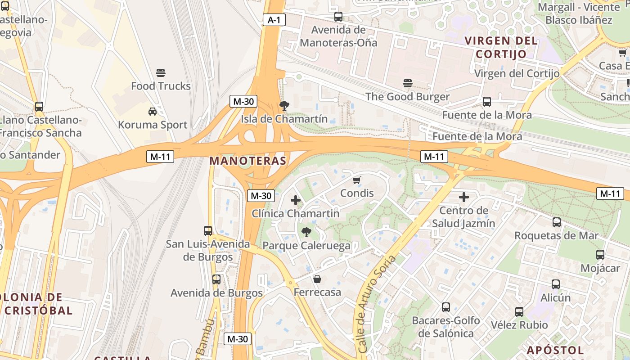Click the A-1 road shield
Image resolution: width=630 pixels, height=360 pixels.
pyautogui.click(x=274, y=20)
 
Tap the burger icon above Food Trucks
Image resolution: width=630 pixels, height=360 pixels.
pyautogui.click(x=161, y=73)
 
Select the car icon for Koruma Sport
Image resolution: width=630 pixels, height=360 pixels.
pyautogui.click(x=153, y=112)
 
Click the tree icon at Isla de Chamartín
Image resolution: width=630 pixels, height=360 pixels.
pyautogui.click(x=284, y=106)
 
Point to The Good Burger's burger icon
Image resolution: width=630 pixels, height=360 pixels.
pyautogui.click(x=408, y=83)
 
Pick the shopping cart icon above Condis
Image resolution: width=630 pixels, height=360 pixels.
pyautogui.click(x=357, y=180)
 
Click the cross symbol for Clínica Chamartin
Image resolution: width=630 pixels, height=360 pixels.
pyautogui.click(x=296, y=200)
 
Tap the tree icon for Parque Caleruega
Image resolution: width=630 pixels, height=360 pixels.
pyautogui.click(x=306, y=232)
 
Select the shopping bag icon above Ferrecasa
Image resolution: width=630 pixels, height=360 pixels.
pyautogui.click(x=317, y=279)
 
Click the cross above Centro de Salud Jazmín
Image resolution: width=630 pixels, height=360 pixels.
pyautogui.click(x=464, y=197)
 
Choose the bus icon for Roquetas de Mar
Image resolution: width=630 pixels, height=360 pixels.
pyautogui.click(x=557, y=222)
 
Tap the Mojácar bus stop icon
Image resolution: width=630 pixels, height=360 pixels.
pyautogui.click(x=600, y=255)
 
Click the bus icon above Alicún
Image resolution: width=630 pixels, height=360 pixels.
pyautogui.click(x=556, y=284)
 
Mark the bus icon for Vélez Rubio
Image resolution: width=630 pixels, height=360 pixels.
pyautogui.click(x=519, y=312)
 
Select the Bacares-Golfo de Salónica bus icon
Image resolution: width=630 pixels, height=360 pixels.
pyautogui.click(x=446, y=307)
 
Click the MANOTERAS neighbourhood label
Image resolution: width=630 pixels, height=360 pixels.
pyautogui.click(x=248, y=161)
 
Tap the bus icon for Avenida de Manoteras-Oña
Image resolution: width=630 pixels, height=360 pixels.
pyautogui.click(x=338, y=17)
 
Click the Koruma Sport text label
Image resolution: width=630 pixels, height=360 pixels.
pyautogui.click(x=153, y=125)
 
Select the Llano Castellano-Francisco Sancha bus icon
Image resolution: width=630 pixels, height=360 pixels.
pyautogui.click(x=39, y=107)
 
